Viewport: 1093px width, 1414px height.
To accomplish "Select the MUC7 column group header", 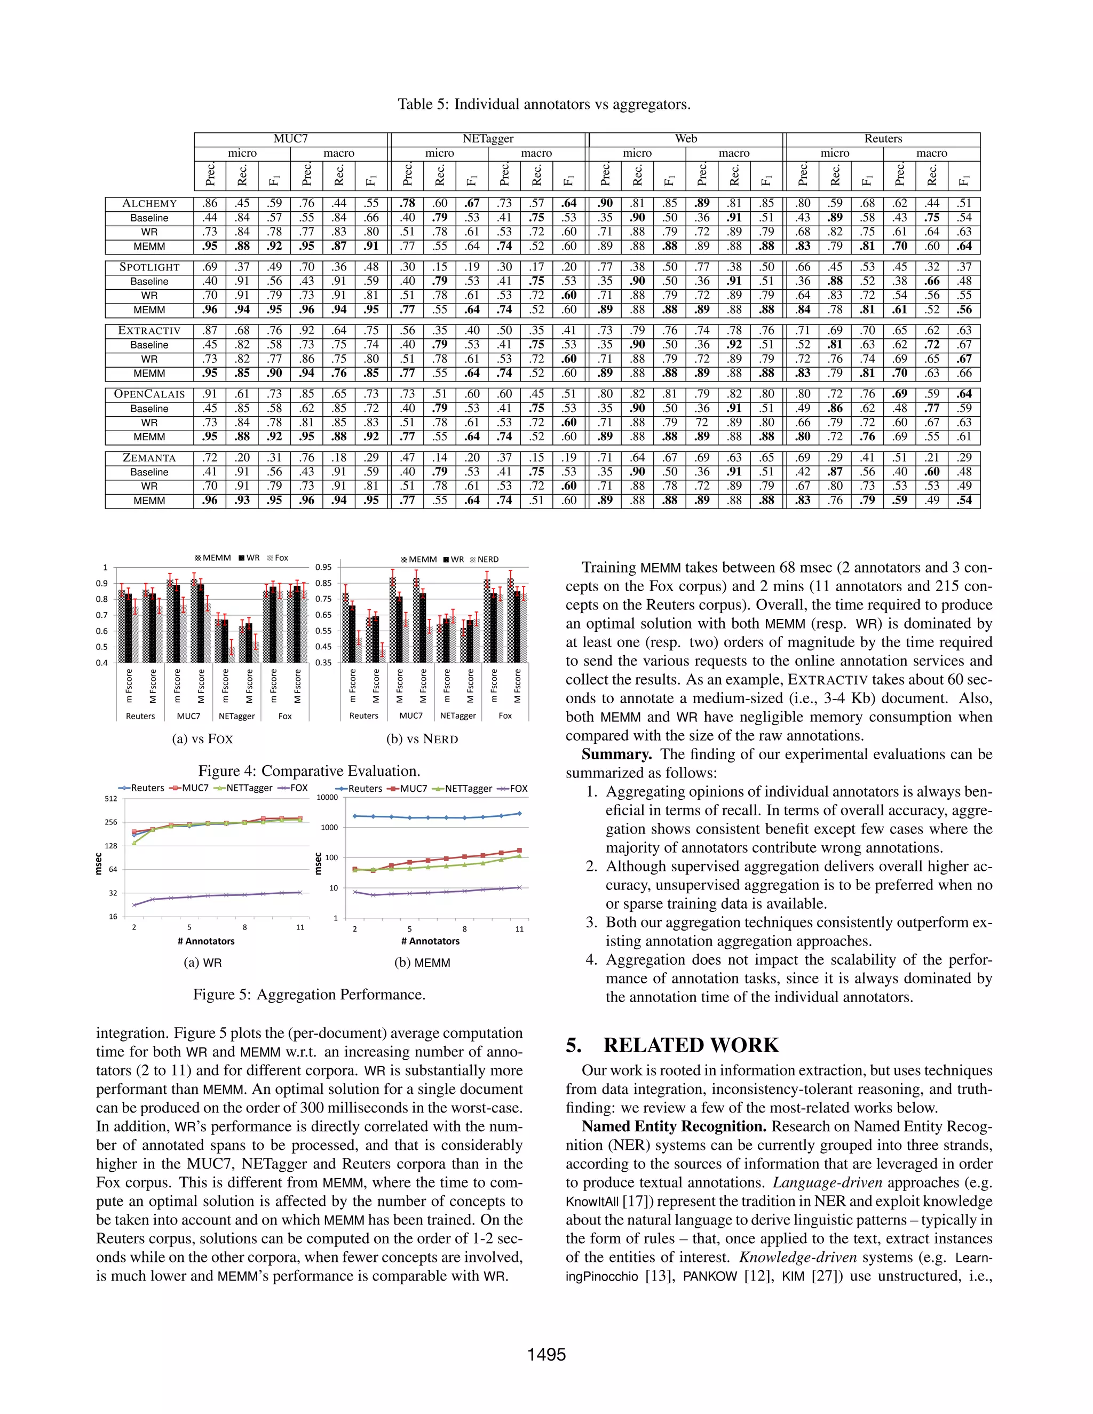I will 290,139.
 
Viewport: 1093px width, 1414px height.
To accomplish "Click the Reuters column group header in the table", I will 883,139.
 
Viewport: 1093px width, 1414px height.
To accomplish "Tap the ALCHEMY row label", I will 149,204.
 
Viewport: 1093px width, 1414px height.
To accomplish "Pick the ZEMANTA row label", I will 149,458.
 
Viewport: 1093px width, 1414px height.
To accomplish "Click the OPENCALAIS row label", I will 149,394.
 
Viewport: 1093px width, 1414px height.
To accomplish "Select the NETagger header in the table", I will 488,139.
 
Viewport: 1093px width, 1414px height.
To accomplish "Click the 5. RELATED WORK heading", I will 672,1046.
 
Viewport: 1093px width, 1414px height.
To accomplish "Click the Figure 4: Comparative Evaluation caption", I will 309,770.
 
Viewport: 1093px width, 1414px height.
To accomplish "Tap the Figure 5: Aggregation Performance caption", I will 309,995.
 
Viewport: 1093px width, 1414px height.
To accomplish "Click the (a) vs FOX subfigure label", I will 202,738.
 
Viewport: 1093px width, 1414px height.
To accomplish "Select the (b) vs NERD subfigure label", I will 422,738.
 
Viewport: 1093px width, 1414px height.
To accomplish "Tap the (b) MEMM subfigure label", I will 422,963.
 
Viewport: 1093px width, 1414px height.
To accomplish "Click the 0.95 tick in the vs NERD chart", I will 322,567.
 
